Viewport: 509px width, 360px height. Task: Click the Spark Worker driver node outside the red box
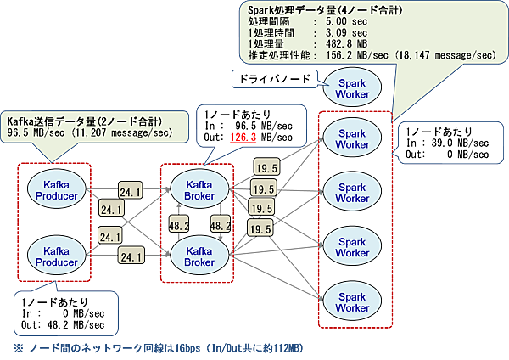click(x=350, y=87)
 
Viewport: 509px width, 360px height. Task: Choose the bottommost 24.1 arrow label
click(x=131, y=256)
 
